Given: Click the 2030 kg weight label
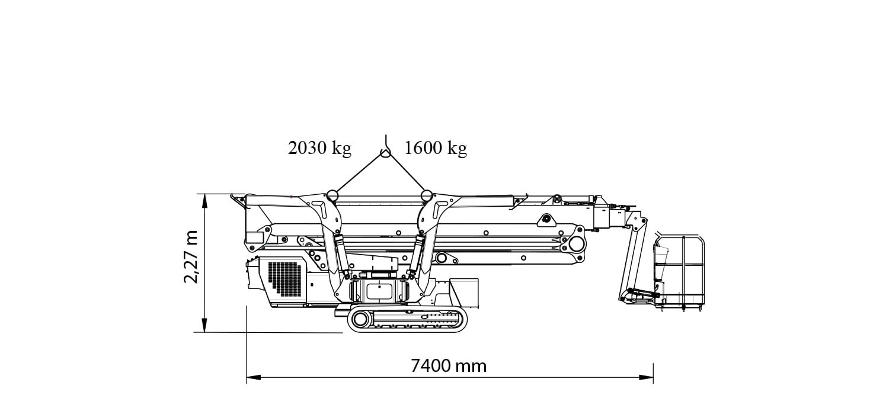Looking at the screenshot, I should coord(319,148).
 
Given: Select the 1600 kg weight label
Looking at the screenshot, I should coord(436,148).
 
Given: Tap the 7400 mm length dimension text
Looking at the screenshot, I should coord(449,366).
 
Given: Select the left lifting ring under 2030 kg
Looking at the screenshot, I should coord(331,195).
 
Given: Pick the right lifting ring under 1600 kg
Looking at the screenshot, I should coord(426,195).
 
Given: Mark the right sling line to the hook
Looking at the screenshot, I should coord(406,174).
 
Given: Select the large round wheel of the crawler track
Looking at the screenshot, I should coord(360,320).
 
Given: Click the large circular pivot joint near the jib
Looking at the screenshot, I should coord(574,243).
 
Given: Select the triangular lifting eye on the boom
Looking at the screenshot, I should coord(544,220).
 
